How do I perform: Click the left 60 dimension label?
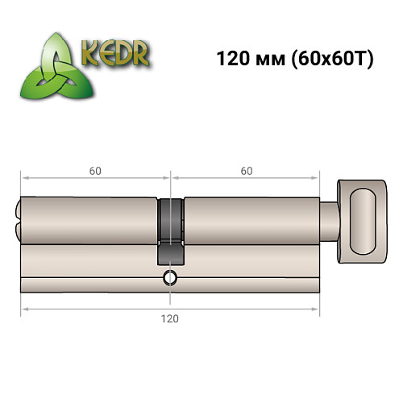[95, 170]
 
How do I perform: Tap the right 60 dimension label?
[246, 170]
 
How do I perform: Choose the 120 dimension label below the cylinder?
[170, 318]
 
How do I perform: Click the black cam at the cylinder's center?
[170, 230]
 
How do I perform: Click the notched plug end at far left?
[18, 220]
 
